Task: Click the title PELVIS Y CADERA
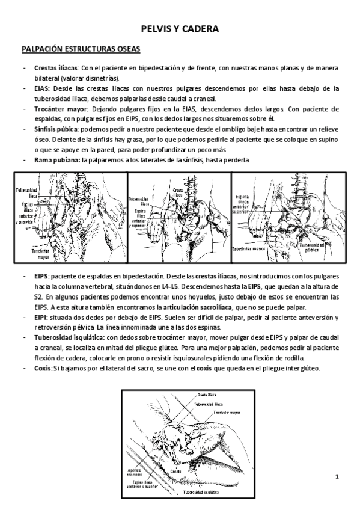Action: point(180,28)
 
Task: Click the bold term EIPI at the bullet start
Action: point(41,317)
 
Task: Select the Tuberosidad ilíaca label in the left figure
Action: point(28,192)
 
